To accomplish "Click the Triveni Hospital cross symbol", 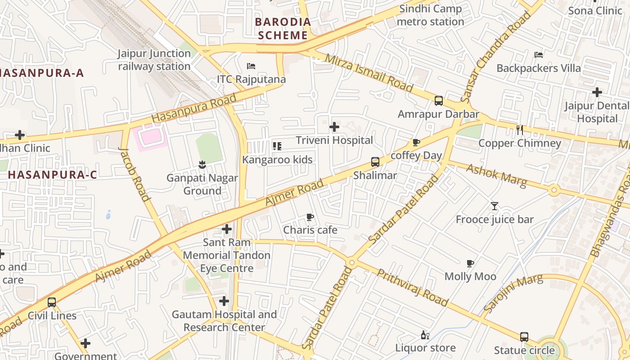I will pos(334,127).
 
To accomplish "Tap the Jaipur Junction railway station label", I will pos(154,60).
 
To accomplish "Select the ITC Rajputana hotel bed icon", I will pos(251,66).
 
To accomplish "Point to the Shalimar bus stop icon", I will pos(375,162).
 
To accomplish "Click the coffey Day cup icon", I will pos(416,142).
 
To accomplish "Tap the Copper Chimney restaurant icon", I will pos(520,130).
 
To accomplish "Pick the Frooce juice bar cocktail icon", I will pos(495,206).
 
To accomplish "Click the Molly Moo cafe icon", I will pos(470,263).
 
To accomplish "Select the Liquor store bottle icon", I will pos(425,335).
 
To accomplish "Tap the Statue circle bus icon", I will pos(524,337).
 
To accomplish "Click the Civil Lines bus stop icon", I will pos(52,302).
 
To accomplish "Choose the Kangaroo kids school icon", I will pos(277,146).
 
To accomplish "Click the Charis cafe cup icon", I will pos(310,217).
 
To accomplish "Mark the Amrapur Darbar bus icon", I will pos(438,101).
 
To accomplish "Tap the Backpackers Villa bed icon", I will pos(538,55).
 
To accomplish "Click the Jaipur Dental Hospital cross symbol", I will pos(597,92).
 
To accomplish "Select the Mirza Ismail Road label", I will pos(369,73).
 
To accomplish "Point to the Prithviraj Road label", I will pos(412,288).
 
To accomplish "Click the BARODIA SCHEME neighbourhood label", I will pos(283,28).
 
